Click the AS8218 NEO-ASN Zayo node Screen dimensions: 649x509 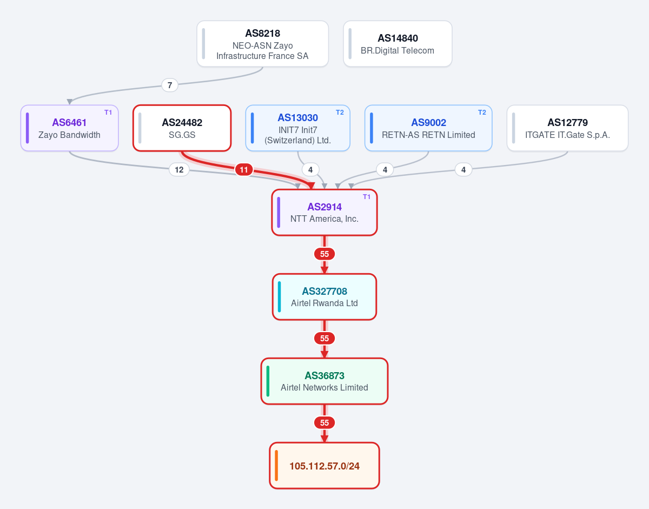pos(262,44)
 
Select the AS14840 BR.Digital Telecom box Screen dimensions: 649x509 pos(398,44)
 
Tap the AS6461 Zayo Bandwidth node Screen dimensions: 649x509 pos(69,128)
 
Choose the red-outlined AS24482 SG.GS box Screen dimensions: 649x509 pos(182,128)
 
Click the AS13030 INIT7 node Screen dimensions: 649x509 pos(298,128)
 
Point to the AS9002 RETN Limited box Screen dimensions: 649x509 pos(428,128)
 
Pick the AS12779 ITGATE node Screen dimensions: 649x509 pos(567,128)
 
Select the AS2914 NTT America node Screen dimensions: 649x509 pos(325,213)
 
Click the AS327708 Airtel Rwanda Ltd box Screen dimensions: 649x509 pos(325,296)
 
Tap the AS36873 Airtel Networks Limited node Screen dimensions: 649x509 pos(325,381)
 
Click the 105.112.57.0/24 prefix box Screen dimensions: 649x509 pos(325,465)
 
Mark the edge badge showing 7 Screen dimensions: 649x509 pos(170,85)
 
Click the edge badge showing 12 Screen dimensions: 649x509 pos(179,170)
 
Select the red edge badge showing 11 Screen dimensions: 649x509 pos(244,170)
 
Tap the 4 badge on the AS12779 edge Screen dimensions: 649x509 pos(463,170)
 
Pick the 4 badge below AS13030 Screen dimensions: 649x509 pos(310,170)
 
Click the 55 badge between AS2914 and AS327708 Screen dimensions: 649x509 pos(325,254)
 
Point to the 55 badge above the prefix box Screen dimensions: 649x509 pos(325,422)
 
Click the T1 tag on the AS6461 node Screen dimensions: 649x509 pos(108,113)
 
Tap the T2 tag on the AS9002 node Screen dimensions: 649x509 pos(482,113)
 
